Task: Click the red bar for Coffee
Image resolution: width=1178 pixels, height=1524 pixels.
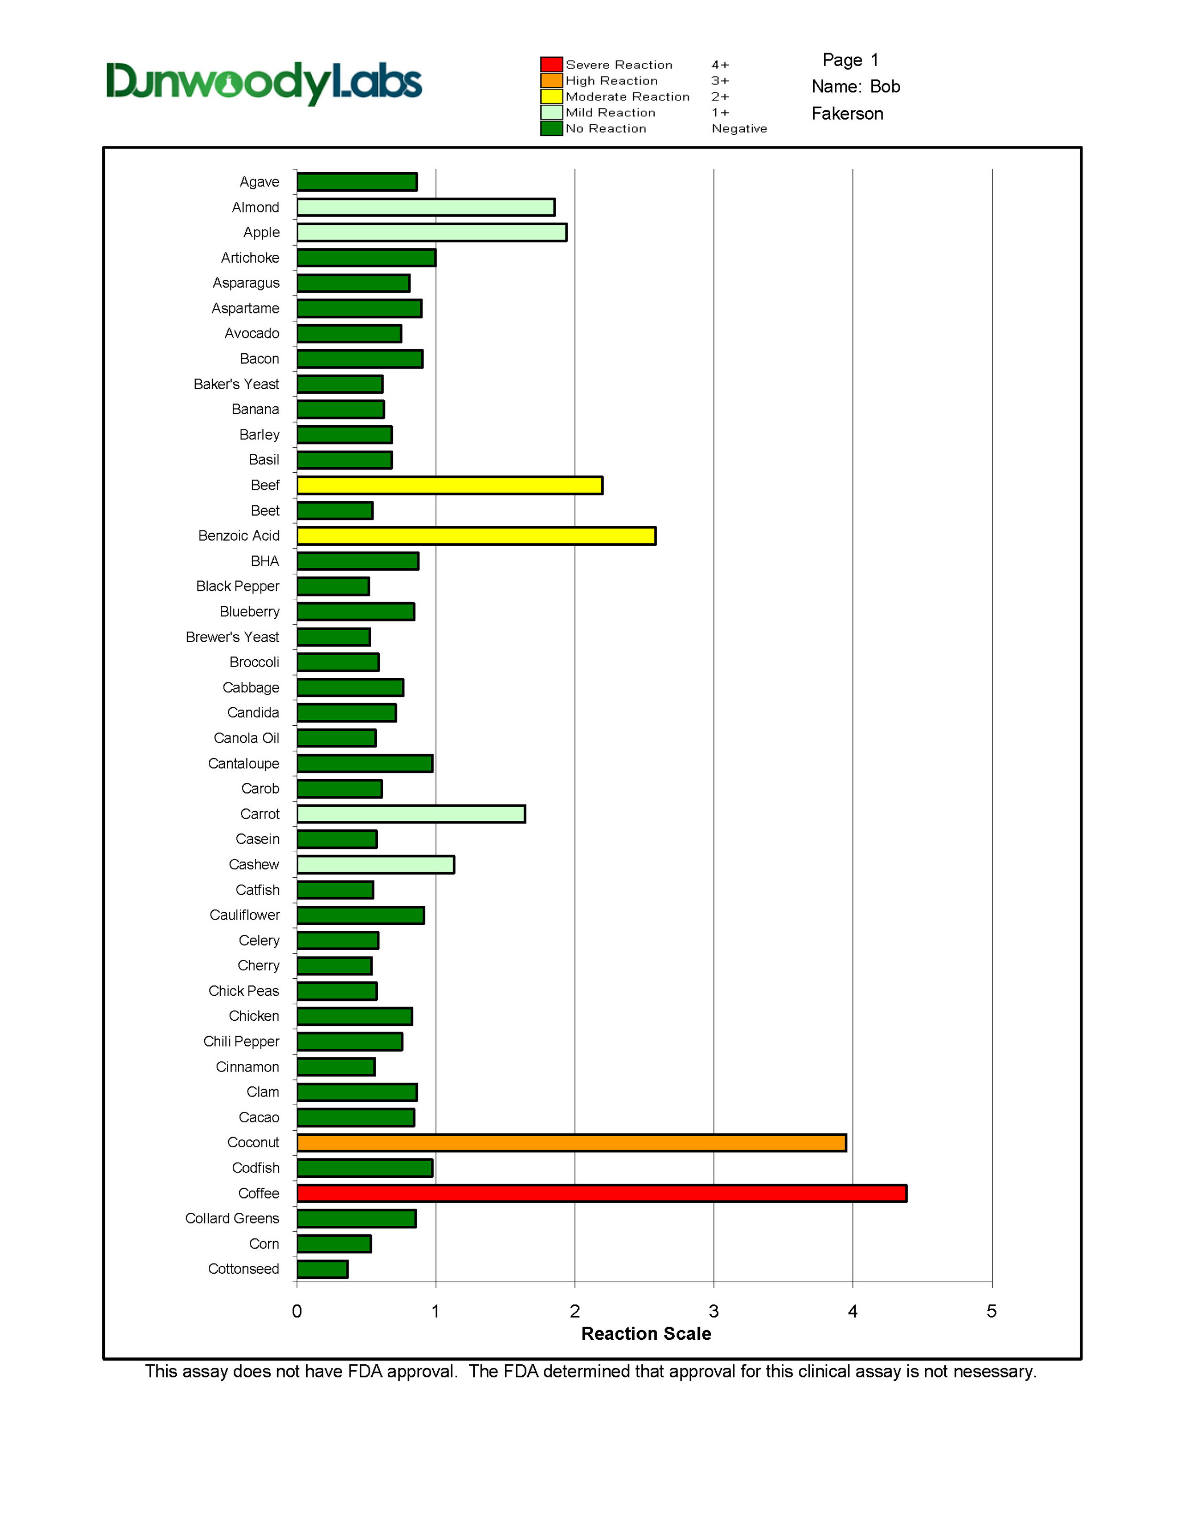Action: click(x=602, y=1193)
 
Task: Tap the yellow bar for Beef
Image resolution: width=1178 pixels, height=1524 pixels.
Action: click(x=449, y=485)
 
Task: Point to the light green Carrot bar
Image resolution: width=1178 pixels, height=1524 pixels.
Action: click(x=411, y=813)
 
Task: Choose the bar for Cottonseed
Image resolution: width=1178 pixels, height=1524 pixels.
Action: click(x=322, y=1269)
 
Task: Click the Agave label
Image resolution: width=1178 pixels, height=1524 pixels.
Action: click(x=259, y=182)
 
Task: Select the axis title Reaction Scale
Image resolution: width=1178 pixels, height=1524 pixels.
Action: click(x=646, y=1333)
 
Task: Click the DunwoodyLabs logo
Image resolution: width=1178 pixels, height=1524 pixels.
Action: click(x=264, y=83)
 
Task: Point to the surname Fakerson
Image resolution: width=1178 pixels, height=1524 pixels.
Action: click(x=847, y=114)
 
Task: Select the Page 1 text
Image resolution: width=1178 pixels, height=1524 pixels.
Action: click(x=850, y=60)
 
